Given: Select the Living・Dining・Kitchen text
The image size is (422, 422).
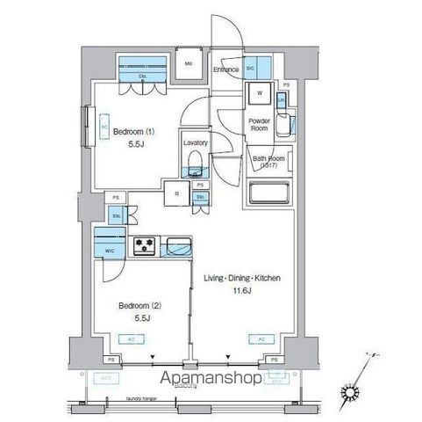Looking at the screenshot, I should click(242, 278).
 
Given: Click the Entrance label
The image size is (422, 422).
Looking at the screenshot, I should click(226, 69).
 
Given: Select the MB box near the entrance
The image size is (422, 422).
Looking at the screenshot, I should click(188, 64).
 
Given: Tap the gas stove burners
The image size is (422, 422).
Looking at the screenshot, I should click(143, 245).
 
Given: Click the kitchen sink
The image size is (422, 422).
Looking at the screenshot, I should click(178, 244).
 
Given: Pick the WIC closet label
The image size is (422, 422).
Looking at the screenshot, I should click(111, 251).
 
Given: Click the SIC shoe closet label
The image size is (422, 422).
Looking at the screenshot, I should click(250, 68).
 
